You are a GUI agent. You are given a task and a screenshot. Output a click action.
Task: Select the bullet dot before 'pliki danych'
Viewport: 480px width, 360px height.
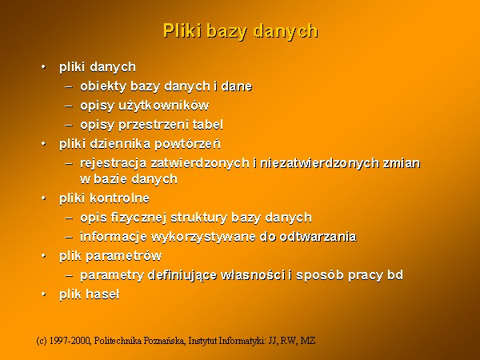(x=44, y=66)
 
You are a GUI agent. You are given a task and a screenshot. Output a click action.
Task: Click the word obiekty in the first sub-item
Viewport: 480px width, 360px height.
(x=103, y=86)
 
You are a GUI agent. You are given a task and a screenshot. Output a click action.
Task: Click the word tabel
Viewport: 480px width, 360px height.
(x=208, y=125)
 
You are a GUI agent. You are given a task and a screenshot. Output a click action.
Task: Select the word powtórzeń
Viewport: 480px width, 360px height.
(x=187, y=144)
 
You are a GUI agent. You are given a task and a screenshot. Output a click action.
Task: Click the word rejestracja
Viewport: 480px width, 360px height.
(x=114, y=163)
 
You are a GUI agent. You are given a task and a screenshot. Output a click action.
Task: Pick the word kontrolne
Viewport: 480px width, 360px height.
(x=119, y=198)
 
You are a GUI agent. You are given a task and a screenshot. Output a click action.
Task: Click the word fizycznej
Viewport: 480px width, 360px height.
(x=138, y=218)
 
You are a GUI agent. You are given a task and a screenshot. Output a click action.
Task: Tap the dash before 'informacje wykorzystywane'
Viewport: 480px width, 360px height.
(x=69, y=238)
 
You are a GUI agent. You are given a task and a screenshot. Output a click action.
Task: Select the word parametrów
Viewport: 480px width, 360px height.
(x=124, y=257)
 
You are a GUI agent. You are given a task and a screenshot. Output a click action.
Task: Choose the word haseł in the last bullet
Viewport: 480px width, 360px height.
(x=102, y=294)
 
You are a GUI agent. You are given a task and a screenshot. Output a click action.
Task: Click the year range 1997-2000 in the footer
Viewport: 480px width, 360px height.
(x=70, y=341)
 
